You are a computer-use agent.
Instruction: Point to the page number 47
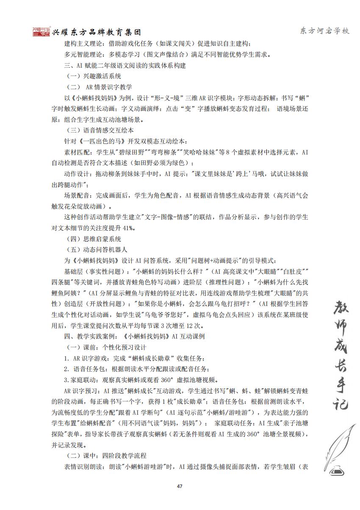click(180, 486)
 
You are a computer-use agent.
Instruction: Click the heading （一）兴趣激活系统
click(94, 76)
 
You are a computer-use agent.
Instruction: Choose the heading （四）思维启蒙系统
click(94, 239)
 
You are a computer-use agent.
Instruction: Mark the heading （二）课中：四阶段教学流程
click(107, 456)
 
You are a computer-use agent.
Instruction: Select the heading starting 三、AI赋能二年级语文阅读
click(125, 66)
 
